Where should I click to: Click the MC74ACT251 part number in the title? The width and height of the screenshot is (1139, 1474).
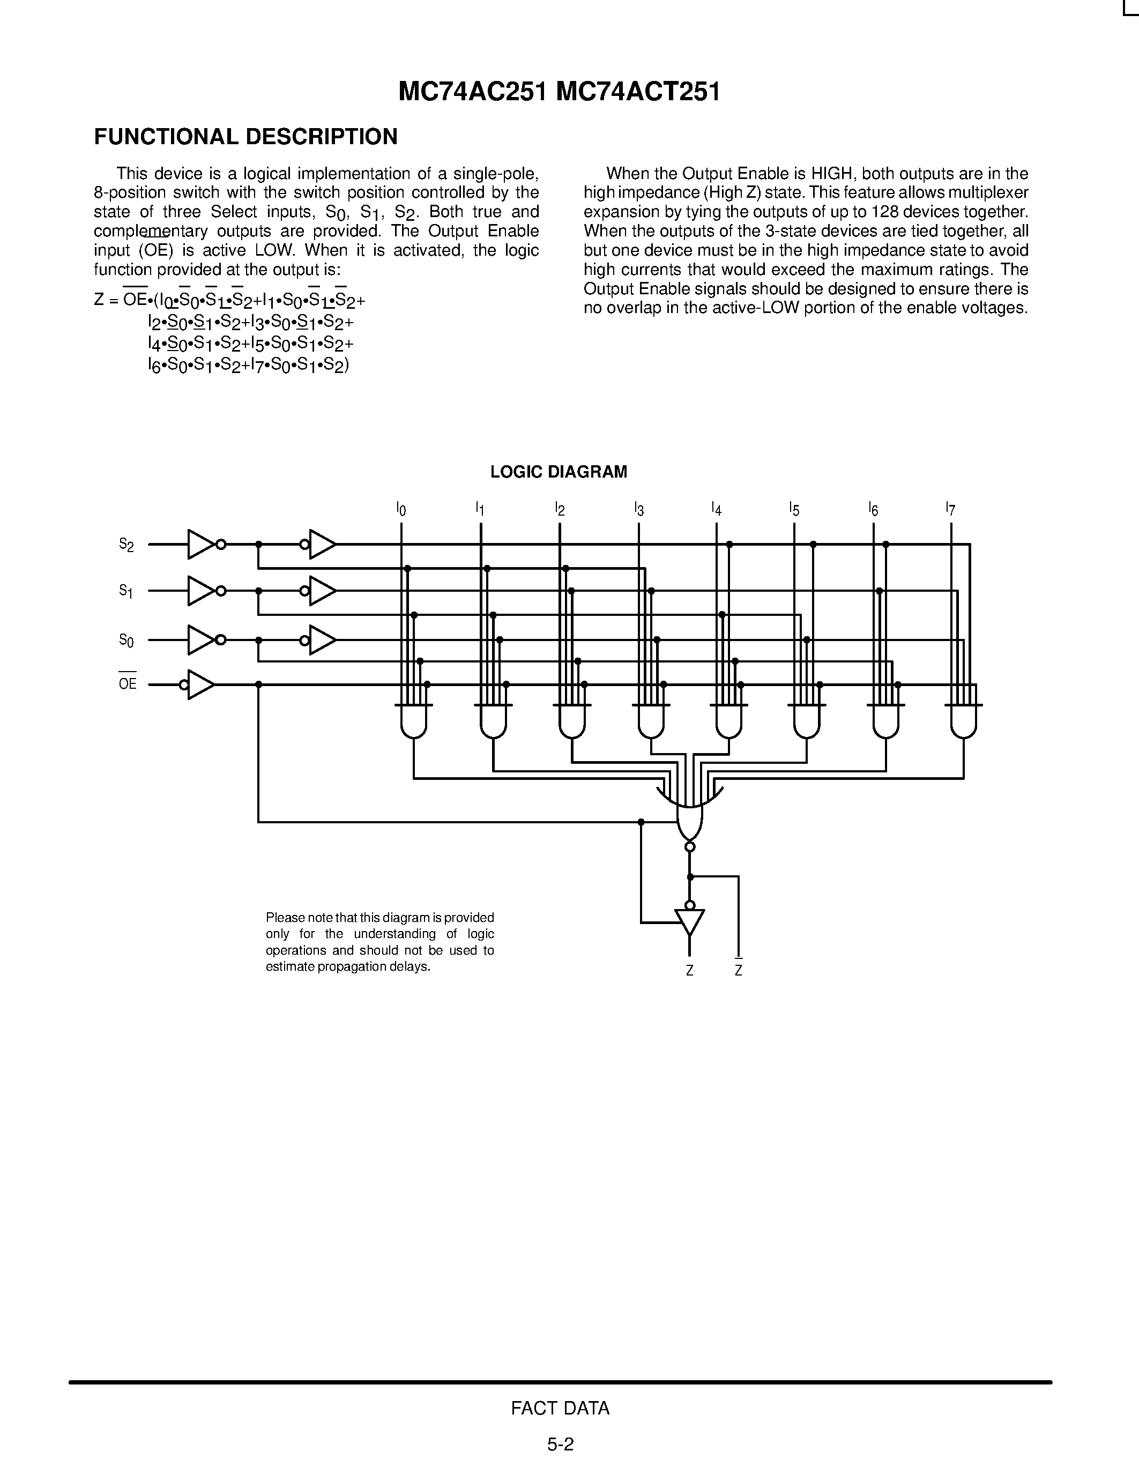pyautogui.click(x=638, y=92)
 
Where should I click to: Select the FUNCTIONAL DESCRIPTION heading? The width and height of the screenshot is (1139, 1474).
pyautogui.click(x=245, y=137)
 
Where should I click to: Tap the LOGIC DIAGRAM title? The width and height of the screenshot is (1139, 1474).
pyautogui.click(x=559, y=472)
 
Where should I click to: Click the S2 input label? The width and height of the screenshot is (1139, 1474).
pyautogui.click(x=126, y=545)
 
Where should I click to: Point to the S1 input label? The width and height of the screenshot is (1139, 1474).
pyautogui.click(x=126, y=591)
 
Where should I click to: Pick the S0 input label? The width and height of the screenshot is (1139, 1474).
pyautogui.click(x=126, y=640)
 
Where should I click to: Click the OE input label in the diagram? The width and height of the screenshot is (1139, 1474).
pyautogui.click(x=128, y=684)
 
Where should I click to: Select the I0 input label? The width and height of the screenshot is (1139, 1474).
pyautogui.click(x=401, y=508)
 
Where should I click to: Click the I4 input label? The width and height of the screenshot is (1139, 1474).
pyautogui.click(x=716, y=508)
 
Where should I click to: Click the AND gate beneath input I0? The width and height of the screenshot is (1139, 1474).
pyautogui.click(x=414, y=721)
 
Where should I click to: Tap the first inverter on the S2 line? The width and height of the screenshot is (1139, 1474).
pyautogui.click(x=201, y=544)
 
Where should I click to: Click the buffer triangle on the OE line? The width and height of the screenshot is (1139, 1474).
pyautogui.click(x=200, y=684)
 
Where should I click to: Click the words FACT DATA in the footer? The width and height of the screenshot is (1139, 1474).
pyautogui.click(x=560, y=1408)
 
